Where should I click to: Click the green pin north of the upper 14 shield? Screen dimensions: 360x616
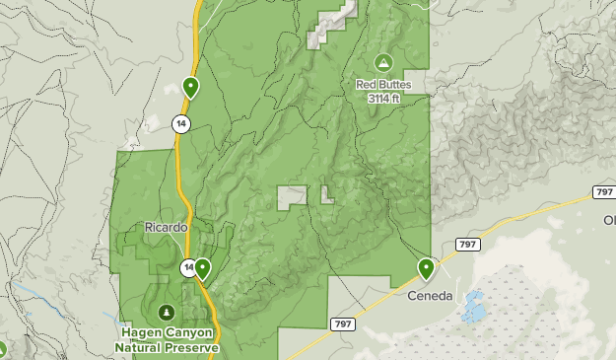pyautogui.click(x=190, y=88)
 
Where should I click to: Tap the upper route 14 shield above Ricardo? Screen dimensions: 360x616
pyautogui.click(x=179, y=123)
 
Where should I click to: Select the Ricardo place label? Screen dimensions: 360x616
pyautogui.click(x=166, y=227)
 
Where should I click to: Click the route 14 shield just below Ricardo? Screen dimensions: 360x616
pyautogui.click(x=188, y=267)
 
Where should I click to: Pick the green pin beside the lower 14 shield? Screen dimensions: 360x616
pyautogui.click(x=202, y=267)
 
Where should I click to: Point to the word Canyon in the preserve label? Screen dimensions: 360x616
pyautogui.click(x=185, y=334)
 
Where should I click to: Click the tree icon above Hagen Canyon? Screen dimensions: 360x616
pyautogui.click(x=166, y=312)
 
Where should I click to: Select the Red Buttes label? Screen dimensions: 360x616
pyautogui.click(x=382, y=85)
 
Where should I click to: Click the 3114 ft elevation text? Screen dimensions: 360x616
pyautogui.click(x=382, y=99)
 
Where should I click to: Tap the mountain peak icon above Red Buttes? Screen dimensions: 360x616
pyautogui.click(x=382, y=62)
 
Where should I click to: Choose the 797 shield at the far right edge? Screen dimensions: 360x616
pyautogui.click(x=603, y=190)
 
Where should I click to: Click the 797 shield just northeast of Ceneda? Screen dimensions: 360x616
pyautogui.click(x=467, y=245)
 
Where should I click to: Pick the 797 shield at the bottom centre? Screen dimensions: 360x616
pyautogui.click(x=342, y=324)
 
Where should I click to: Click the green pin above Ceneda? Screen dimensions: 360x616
pyautogui.click(x=427, y=267)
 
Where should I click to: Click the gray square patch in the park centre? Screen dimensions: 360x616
pyautogui.click(x=291, y=197)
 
